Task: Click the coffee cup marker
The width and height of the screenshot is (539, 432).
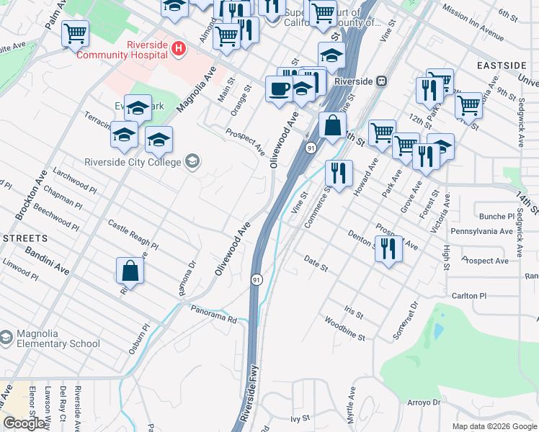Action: [x=279, y=90]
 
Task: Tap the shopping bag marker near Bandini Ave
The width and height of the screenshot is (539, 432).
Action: [x=130, y=271]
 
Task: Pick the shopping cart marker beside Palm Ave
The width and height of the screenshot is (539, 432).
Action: [x=75, y=33]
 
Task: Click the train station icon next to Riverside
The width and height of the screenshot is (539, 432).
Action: [x=381, y=81]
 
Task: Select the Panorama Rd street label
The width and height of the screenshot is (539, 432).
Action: [x=213, y=313]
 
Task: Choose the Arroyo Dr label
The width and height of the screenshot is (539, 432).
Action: [x=423, y=402]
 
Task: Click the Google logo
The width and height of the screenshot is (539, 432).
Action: [x=24, y=423]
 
